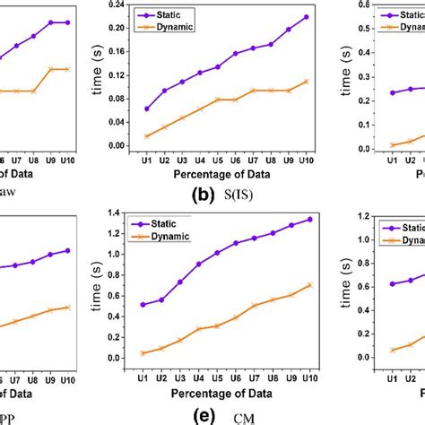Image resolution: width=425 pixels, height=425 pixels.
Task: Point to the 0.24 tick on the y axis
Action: tap(114, 5)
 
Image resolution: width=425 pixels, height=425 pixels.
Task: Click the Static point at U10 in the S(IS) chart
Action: tap(307, 17)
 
